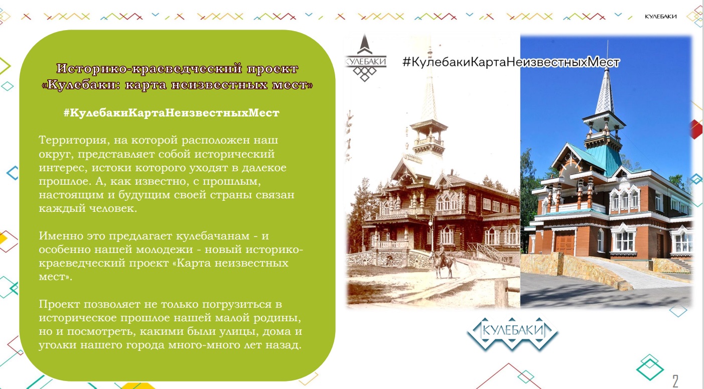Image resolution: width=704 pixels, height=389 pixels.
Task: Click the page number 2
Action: [675, 381]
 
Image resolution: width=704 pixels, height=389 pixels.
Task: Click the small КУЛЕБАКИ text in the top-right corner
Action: [661, 17]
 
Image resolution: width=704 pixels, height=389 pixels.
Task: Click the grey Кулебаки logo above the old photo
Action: [365, 58]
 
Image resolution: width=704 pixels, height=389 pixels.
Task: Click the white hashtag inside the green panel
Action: [171, 113]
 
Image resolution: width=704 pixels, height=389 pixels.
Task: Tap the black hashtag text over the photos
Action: [510, 62]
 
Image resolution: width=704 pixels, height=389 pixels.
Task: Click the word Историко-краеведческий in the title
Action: [150, 69]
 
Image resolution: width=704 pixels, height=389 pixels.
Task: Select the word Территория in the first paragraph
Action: [73, 140]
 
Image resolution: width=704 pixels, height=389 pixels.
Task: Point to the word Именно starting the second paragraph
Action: [61, 236]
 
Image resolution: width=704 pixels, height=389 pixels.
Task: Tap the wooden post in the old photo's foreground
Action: [501, 294]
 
